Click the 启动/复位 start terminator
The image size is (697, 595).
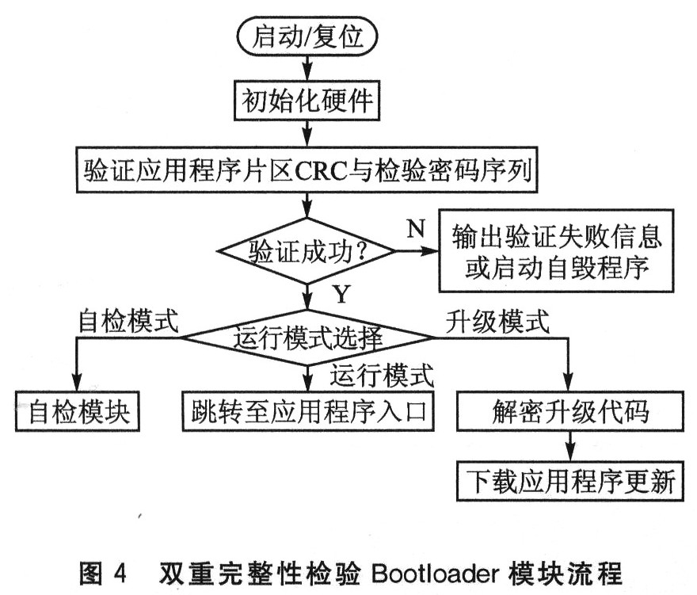tap(305, 36)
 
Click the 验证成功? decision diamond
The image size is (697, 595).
tap(305, 253)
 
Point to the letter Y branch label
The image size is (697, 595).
tap(340, 296)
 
